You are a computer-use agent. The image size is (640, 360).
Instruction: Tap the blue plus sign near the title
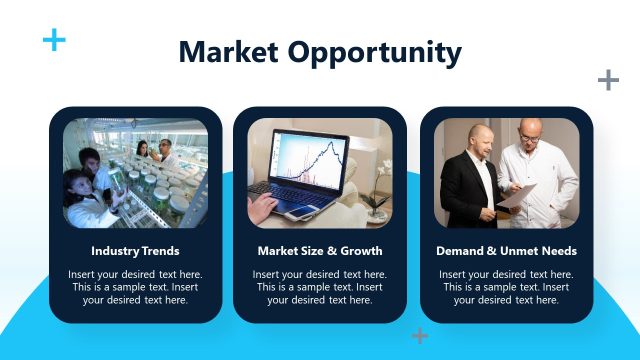click(x=54, y=40)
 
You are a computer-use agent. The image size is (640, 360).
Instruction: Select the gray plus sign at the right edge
click(x=607, y=80)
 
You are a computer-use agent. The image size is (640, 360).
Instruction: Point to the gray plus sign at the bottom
click(x=420, y=336)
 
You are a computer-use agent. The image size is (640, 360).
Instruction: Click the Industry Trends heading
click(x=135, y=251)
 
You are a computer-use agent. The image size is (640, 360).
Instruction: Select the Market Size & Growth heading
click(x=320, y=251)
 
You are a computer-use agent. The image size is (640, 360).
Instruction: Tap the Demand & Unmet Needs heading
click(x=506, y=251)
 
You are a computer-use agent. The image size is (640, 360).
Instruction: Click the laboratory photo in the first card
click(x=135, y=173)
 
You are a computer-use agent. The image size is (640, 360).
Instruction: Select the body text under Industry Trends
click(x=135, y=287)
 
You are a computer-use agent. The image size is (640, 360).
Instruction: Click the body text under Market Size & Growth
click(x=320, y=287)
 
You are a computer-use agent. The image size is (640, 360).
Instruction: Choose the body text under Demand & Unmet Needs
click(x=506, y=287)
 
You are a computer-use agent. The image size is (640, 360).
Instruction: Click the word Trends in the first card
click(x=160, y=251)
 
